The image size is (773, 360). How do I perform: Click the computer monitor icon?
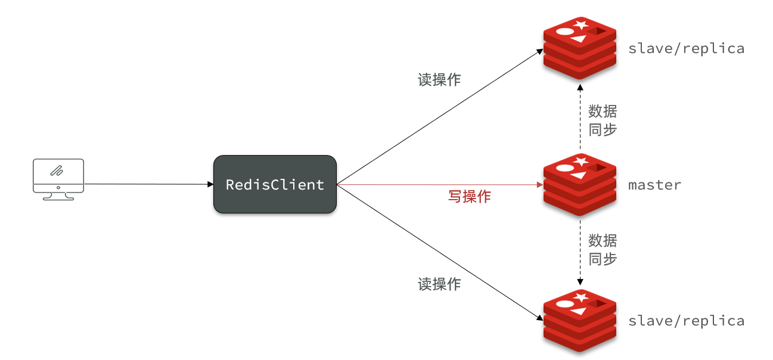[x=58, y=178]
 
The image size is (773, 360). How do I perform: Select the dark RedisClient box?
[x=275, y=184]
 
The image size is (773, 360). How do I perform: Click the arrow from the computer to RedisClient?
[x=149, y=184]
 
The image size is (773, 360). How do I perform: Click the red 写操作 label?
[x=469, y=197]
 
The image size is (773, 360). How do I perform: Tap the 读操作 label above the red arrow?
[x=439, y=80]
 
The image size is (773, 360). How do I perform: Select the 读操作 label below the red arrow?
[x=439, y=284]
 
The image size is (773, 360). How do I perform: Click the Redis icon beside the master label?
[x=579, y=185]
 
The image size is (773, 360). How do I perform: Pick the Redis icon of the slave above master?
[x=579, y=48]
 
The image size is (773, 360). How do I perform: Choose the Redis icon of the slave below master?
[x=579, y=321]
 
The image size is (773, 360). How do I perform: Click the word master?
[x=654, y=185]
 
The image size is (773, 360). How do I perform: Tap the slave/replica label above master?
[x=686, y=49]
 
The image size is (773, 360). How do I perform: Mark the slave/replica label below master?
[x=686, y=321]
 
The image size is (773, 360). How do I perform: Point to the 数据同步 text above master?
[x=603, y=120]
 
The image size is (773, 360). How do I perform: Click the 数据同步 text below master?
[x=603, y=250]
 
